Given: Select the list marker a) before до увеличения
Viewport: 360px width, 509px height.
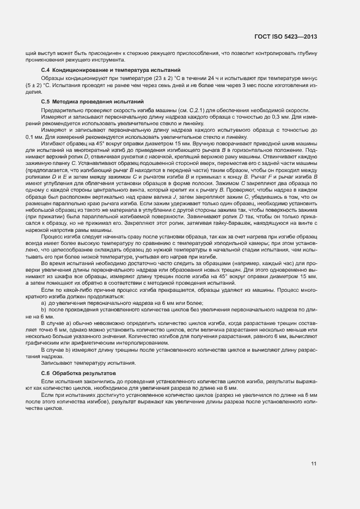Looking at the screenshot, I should tap(44, 302).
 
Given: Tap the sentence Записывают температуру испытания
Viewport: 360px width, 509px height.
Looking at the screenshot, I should tap(88, 363).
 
